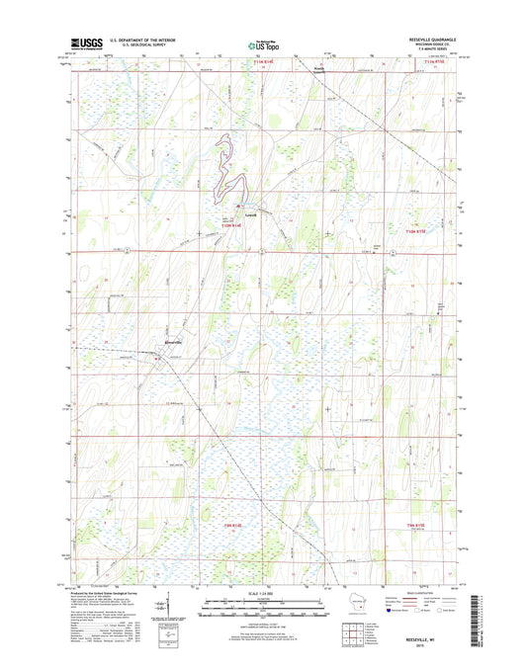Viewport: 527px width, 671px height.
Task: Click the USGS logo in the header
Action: click(86, 42)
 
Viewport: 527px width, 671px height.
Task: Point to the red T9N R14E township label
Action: click(233, 526)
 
